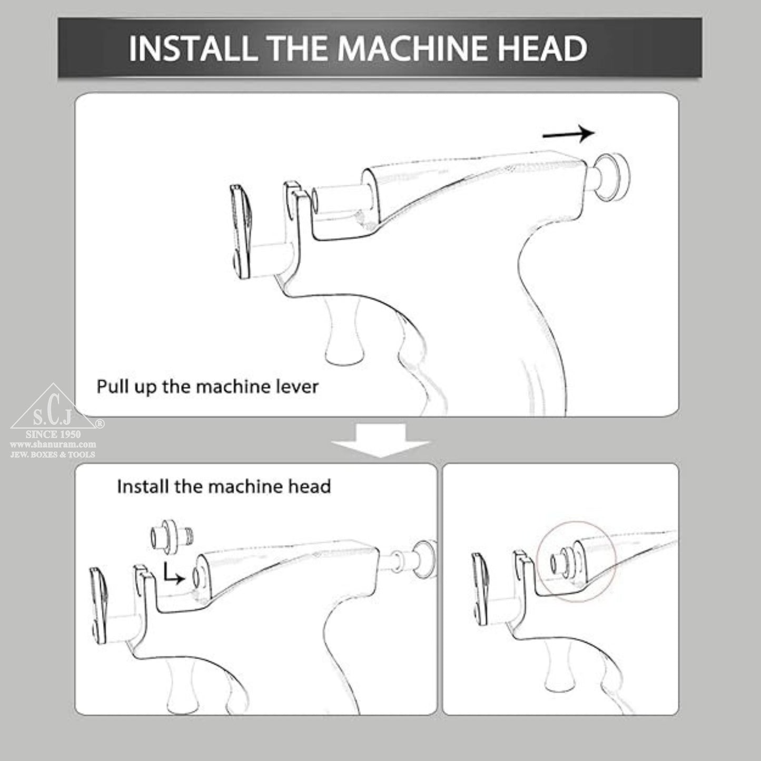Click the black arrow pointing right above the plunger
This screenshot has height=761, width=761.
[x=569, y=134]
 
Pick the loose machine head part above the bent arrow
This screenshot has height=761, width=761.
[x=171, y=537]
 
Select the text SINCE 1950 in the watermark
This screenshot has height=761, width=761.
[x=53, y=434]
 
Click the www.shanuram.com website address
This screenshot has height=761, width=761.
[x=53, y=444]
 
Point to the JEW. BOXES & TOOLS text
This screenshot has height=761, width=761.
[x=53, y=454]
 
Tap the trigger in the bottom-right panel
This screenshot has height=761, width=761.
[x=559, y=667]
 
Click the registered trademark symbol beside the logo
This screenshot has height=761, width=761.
[x=100, y=423]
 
